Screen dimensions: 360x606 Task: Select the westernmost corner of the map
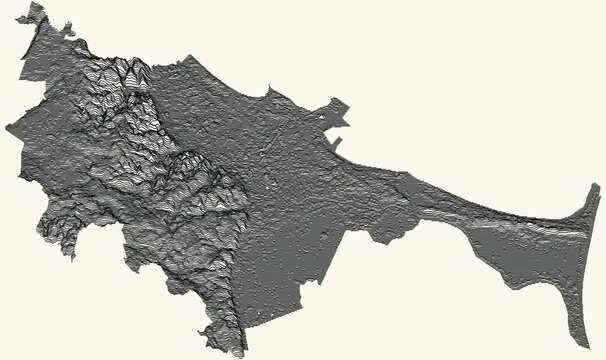(x=5, y=128)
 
